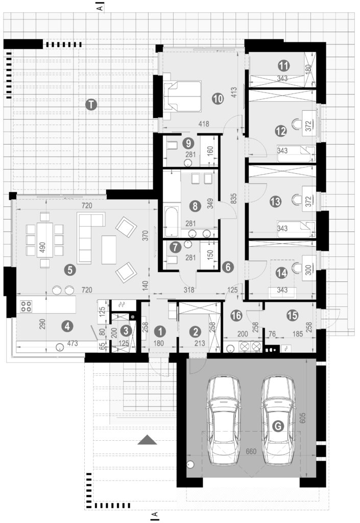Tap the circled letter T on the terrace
[91, 105]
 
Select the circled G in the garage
[278, 425]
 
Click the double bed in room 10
[182, 97]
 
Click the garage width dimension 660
[251, 451]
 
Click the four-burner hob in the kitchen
[27, 306]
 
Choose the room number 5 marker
[70, 270]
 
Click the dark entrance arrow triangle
[148, 440]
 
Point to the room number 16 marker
[236, 315]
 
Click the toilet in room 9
[171, 146]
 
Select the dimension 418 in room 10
[204, 124]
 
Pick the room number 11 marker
[283, 65]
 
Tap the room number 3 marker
[126, 330]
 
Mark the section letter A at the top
[100, 7]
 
